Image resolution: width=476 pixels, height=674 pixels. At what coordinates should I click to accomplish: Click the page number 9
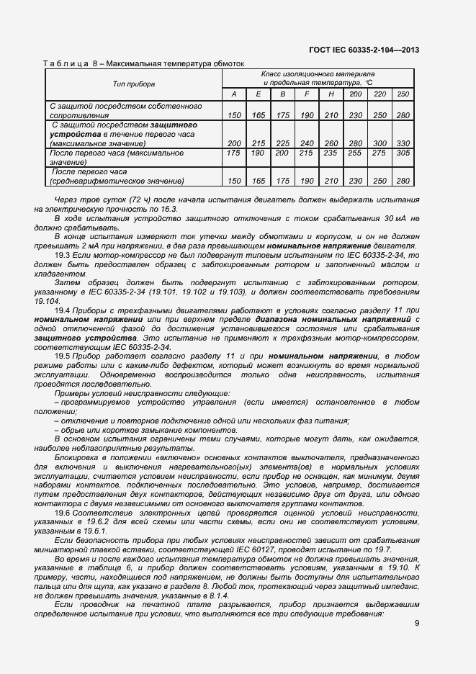(x=417, y=624)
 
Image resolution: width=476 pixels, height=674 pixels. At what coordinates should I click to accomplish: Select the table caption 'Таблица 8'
(x=68, y=63)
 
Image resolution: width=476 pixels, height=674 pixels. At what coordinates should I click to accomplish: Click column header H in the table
(x=331, y=94)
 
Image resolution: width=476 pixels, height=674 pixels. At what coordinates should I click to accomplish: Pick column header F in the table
(x=307, y=94)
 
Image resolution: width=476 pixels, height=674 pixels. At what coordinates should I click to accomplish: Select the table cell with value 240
(x=307, y=143)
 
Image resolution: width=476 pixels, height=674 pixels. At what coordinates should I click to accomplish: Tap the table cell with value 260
(x=331, y=143)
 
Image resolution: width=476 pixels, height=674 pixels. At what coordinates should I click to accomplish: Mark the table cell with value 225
(x=283, y=143)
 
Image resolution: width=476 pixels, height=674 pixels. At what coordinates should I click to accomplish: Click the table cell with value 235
(x=331, y=153)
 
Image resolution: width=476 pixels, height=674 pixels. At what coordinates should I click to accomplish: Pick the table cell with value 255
(x=356, y=153)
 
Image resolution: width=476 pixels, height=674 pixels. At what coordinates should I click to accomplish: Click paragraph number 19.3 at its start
(x=63, y=256)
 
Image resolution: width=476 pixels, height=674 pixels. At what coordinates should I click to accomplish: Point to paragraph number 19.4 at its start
(x=63, y=309)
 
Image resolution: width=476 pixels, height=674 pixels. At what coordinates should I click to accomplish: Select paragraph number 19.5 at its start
(x=63, y=356)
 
